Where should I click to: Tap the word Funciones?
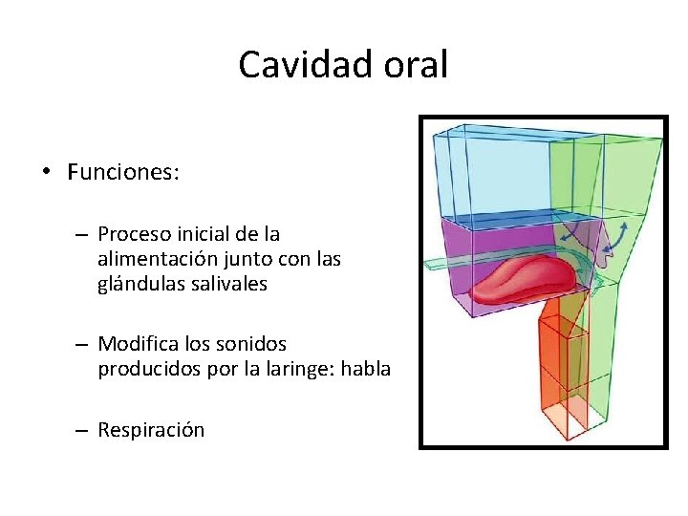[122, 172]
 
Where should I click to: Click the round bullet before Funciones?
[45, 173]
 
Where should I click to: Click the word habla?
[367, 368]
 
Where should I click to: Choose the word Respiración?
[151, 430]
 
